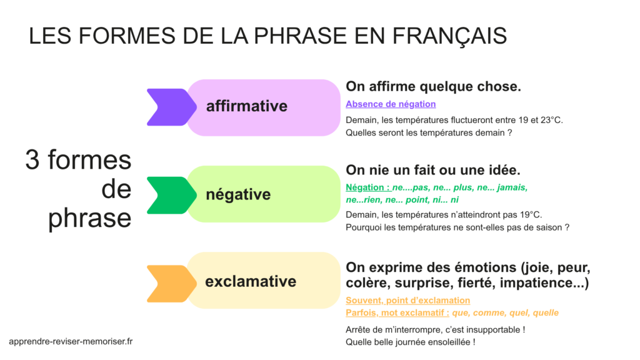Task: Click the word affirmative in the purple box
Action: click(247, 106)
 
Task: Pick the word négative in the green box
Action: click(238, 194)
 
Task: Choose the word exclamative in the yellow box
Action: click(251, 281)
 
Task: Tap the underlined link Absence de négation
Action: click(391, 104)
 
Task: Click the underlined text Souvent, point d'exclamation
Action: click(407, 301)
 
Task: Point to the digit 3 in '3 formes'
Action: click(32, 161)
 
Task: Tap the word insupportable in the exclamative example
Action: click(484, 329)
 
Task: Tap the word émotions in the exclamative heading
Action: click(481, 268)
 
